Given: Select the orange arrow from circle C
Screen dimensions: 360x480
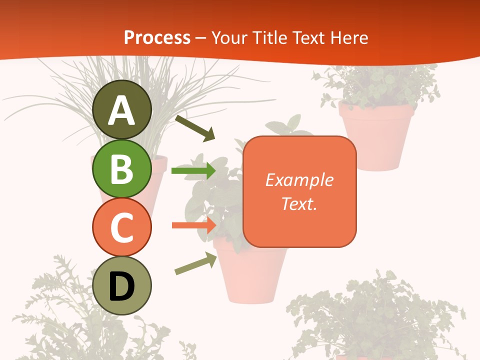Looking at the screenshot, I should tap(193, 225).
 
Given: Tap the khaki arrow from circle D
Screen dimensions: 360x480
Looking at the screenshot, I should tap(195, 263).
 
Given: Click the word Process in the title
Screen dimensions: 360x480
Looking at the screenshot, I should tap(157, 37).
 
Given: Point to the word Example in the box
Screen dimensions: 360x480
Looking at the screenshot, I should tap(299, 180).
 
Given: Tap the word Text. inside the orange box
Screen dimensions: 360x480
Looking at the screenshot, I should tap(299, 203).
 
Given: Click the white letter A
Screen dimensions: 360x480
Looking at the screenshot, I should tap(122, 111).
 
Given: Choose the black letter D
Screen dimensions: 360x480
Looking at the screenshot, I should tap(122, 287).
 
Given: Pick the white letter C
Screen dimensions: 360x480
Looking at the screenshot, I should tap(122, 228).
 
